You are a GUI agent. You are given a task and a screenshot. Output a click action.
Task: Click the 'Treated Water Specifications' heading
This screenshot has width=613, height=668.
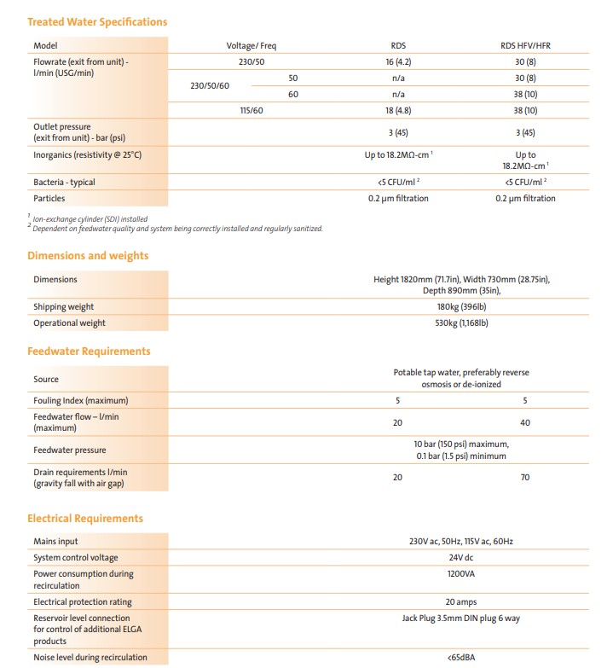pyautogui.click(x=97, y=21)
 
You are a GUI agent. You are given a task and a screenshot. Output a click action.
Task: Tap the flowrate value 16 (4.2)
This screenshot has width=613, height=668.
pyautogui.click(x=398, y=61)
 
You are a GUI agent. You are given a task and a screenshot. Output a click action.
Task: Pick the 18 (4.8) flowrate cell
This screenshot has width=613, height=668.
pyautogui.click(x=398, y=110)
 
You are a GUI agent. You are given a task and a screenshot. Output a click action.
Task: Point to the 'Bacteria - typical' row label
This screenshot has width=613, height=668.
pyautogui.click(x=64, y=182)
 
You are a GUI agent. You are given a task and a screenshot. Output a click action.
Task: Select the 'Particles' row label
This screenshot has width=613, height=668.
pyautogui.click(x=49, y=198)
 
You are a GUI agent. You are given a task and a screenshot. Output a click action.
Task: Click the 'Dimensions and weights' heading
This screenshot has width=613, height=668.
pyautogui.click(x=88, y=255)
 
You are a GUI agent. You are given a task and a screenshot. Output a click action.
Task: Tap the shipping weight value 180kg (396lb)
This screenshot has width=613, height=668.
pyautogui.click(x=461, y=306)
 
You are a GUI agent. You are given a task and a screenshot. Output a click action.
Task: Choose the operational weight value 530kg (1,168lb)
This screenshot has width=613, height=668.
pyautogui.click(x=461, y=322)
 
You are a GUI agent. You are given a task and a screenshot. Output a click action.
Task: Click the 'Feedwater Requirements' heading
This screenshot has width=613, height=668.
pyautogui.click(x=89, y=351)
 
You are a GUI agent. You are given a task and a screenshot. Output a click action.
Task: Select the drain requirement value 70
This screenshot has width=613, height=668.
pyautogui.click(x=524, y=478)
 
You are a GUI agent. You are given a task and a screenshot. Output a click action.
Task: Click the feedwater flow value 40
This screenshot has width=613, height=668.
pyautogui.click(x=524, y=421)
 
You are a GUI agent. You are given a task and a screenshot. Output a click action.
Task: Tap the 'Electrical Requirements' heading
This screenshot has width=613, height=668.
pyautogui.click(x=85, y=518)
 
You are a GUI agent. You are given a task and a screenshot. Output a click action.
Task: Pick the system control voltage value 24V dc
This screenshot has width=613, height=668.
pyautogui.click(x=461, y=558)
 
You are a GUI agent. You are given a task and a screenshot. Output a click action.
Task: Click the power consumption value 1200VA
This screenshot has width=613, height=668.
pyautogui.click(x=461, y=574)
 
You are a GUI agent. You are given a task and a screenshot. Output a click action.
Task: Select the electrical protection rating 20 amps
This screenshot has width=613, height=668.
pyautogui.click(x=461, y=602)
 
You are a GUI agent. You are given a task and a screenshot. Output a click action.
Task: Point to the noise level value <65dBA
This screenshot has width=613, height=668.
pyautogui.click(x=461, y=657)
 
